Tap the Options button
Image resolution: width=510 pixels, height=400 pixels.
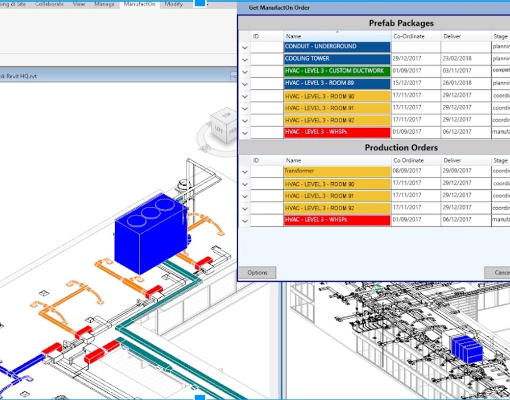[257, 272]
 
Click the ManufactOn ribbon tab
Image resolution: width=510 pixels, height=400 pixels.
[140, 4]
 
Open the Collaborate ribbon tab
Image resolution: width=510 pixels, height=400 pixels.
[49, 4]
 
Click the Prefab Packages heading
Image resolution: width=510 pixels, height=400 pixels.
[401, 23]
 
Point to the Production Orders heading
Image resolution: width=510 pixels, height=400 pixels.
[401, 147]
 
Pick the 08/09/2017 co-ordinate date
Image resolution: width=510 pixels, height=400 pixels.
[407, 171]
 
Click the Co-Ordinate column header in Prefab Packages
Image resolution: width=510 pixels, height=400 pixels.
[409, 36]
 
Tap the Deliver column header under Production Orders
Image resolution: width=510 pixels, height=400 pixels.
[452, 160]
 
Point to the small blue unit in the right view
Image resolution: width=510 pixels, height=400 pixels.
[466, 349]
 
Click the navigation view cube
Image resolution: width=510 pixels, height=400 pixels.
[224, 126]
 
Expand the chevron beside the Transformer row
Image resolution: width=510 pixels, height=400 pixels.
[245, 172]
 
